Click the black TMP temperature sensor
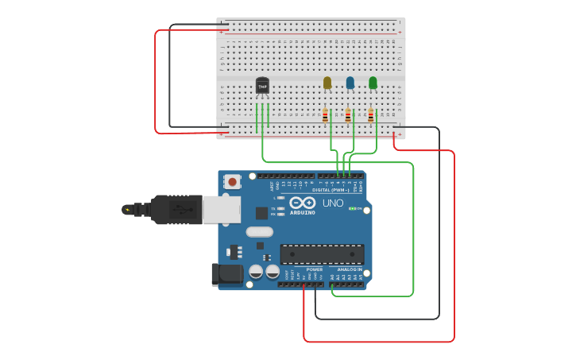[x=262, y=86]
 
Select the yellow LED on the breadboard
[x=327, y=83]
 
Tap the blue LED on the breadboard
[x=350, y=83]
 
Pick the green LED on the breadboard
[x=373, y=83]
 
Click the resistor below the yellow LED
[x=325, y=115]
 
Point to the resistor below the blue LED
[x=348, y=115]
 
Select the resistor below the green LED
[x=370, y=115]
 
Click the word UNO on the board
[x=333, y=203]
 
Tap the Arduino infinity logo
[x=302, y=203]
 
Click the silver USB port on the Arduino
[x=221, y=210]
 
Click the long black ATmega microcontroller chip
[x=322, y=254]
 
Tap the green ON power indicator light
[x=352, y=208]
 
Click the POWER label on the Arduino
[x=315, y=269]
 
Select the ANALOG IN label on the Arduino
[x=349, y=269]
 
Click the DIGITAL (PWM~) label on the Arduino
[x=331, y=190]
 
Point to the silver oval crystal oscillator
[x=259, y=232]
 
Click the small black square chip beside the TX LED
[x=261, y=213]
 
